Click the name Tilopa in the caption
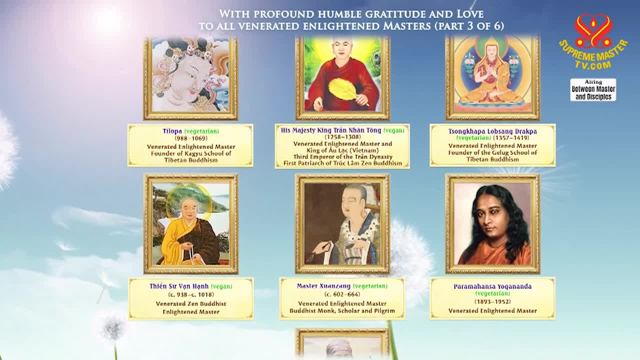coord(172,131)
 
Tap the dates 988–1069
coord(191,138)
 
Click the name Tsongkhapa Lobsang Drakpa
coord(492,131)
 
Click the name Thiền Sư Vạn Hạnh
coord(179,286)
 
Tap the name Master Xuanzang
coord(323,286)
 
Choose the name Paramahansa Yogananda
coord(492,286)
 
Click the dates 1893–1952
coord(492,301)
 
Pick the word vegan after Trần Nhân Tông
coord(394,130)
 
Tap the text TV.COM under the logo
coord(593,65)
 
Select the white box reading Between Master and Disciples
coord(593,89)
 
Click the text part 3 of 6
coord(469,26)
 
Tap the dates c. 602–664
coord(342,294)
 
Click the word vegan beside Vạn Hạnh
coord(221,286)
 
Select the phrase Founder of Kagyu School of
coord(191,153)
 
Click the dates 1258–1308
coord(342,137)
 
